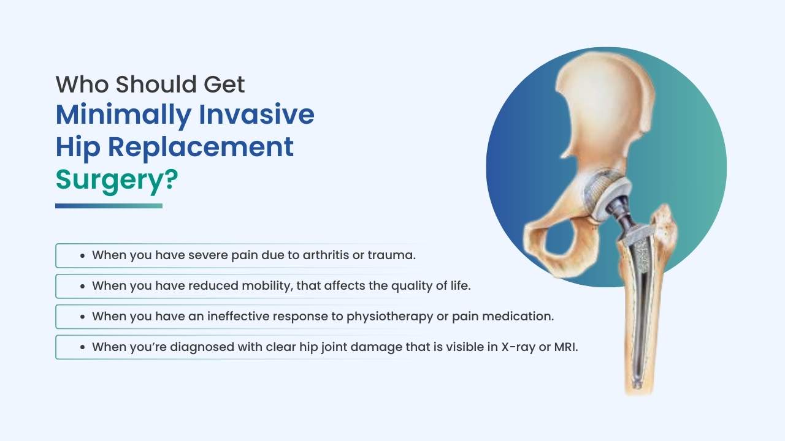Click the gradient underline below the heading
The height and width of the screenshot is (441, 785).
[x=109, y=206]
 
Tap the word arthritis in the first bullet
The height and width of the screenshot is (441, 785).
[x=326, y=255]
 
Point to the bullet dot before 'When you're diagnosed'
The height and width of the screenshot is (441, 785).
[x=83, y=347]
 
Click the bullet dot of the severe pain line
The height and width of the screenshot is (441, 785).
[x=83, y=255]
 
